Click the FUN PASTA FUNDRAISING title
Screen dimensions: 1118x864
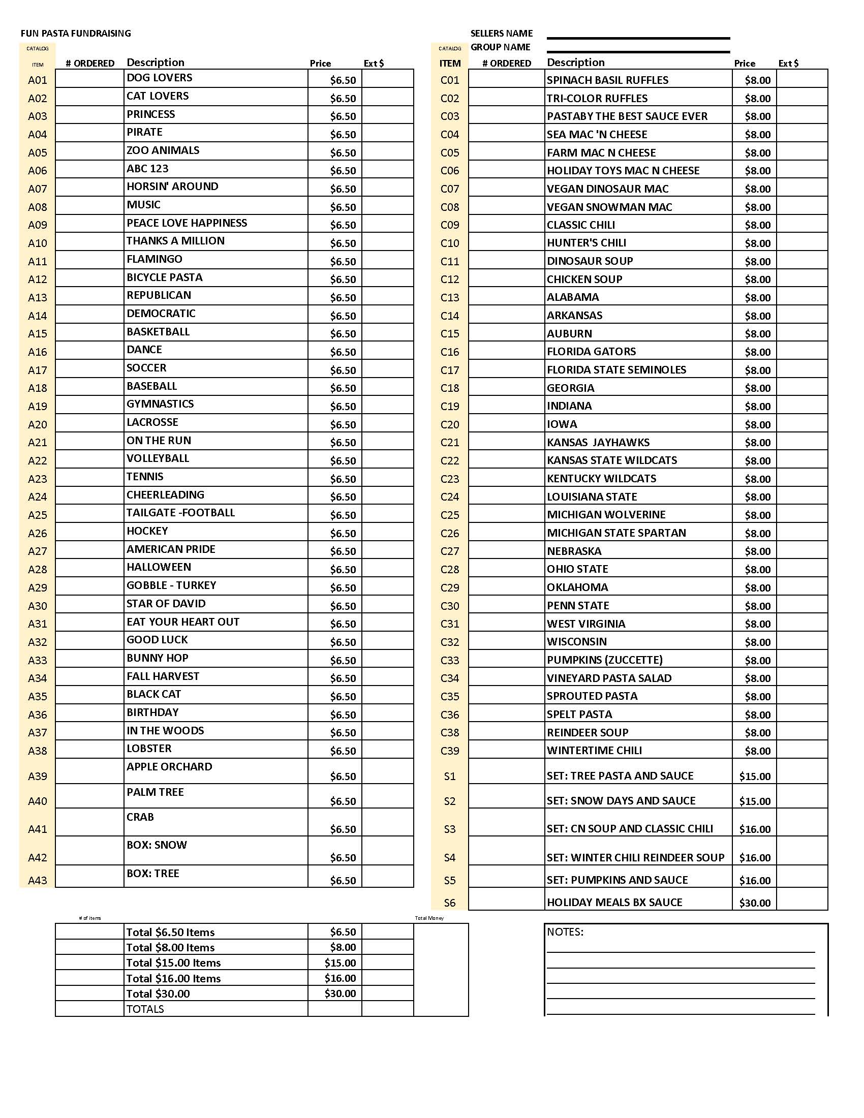click(x=76, y=33)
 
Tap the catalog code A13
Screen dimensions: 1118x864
click(x=38, y=297)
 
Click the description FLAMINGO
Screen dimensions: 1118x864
click(x=154, y=259)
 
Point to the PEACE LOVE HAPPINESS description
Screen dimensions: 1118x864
click(x=187, y=223)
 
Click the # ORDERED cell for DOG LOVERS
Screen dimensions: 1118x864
click(x=89, y=79)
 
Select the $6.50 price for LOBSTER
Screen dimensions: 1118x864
click(x=343, y=751)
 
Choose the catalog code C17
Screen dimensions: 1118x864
click(x=450, y=370)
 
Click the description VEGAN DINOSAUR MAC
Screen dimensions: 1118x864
click(x=607, y=189)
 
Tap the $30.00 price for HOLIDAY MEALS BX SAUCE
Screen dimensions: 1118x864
click(x=754, y=903)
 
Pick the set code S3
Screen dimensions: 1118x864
click(x=450, y=829)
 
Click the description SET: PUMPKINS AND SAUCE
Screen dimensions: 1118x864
click(x=618, y=880)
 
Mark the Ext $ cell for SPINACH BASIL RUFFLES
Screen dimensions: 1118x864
click(x=801, y=79)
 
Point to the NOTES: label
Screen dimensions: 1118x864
click(x=565, y=931)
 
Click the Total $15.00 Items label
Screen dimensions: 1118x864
click(x=173, y=963)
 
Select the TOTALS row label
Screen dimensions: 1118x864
click(x=145, y=1009)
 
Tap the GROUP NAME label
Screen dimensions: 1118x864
click(x=500, y=47)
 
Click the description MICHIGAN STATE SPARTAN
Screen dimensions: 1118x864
click(x=616, y=533)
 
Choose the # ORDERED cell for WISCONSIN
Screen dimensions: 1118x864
click(x=506, y=641)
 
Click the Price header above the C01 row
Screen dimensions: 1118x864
click(x=744, y=64)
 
